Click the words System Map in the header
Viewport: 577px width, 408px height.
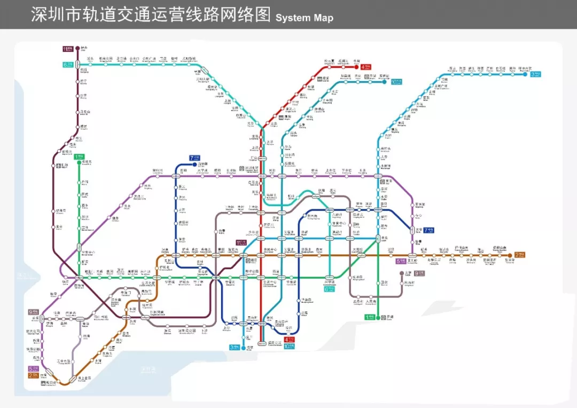(304, 18)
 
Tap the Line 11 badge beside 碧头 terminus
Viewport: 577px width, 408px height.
(68, 49)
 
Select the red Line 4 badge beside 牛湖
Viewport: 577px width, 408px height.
(365, 67)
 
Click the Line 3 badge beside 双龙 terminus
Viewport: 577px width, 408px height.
(535, 74)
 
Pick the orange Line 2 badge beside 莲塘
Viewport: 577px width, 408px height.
(519, 255)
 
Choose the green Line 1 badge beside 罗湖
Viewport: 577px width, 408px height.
(368, 317)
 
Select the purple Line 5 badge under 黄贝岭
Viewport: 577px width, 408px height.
(401, 262)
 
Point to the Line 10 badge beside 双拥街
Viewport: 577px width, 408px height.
(396, 82)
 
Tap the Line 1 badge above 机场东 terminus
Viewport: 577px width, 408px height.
(79, 157)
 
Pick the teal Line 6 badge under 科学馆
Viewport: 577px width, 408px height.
(329, 289)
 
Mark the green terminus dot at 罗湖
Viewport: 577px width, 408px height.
(378, 317)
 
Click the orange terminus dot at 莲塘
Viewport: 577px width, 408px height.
(508, 255)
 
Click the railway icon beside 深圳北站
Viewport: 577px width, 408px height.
(241, 168)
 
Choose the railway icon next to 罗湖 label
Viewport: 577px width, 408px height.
(384, 317)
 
